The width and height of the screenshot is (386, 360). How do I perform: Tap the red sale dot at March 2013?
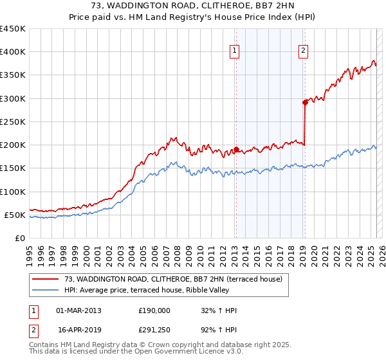click(235, 150)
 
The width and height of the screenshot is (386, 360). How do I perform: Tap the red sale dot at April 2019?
click(305, 102)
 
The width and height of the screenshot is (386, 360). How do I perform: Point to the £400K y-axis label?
click(13, 52)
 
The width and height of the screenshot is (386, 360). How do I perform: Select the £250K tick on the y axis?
click(13, 122)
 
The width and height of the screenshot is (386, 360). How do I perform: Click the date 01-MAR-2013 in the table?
click(79, 310)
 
